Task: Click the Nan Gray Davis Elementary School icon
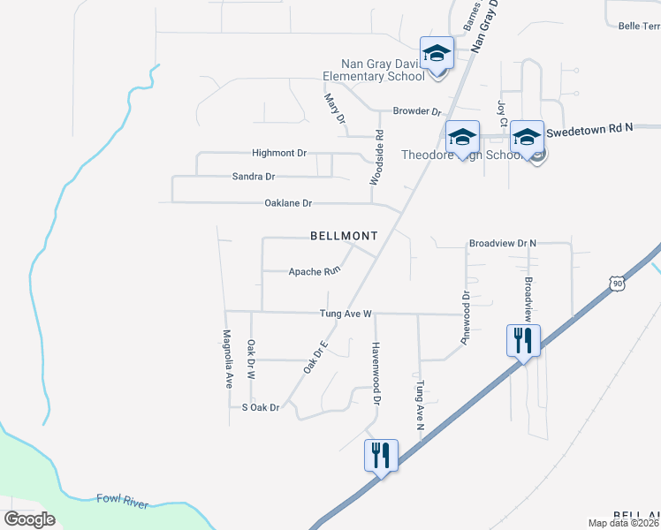437,55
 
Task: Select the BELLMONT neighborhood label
344,236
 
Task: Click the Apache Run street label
315,272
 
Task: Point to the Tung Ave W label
347,314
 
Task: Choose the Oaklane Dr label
288,203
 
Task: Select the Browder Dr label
417,112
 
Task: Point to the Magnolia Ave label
227,360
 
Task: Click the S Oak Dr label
261,407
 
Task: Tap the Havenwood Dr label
376,373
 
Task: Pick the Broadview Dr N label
503,242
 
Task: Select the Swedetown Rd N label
590,129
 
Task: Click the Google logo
30,519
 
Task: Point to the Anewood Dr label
464,304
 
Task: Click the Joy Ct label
502,114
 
